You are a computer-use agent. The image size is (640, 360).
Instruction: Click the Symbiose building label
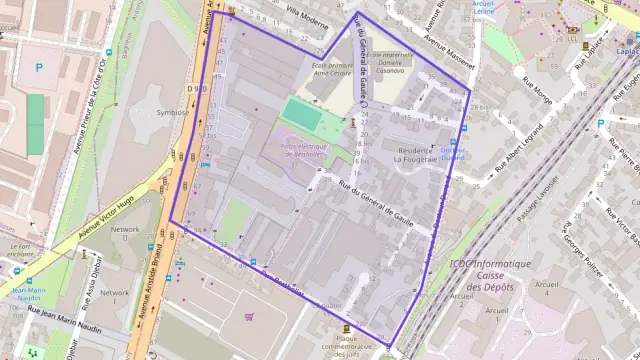tap(172, 112)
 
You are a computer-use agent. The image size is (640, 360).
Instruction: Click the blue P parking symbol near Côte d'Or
tap(39, 69)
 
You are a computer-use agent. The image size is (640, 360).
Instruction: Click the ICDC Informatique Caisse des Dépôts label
tap(489, 274)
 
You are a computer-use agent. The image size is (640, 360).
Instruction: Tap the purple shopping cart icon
tap(249, 318)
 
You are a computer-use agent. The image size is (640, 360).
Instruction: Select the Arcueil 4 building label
tap(546, 289)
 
